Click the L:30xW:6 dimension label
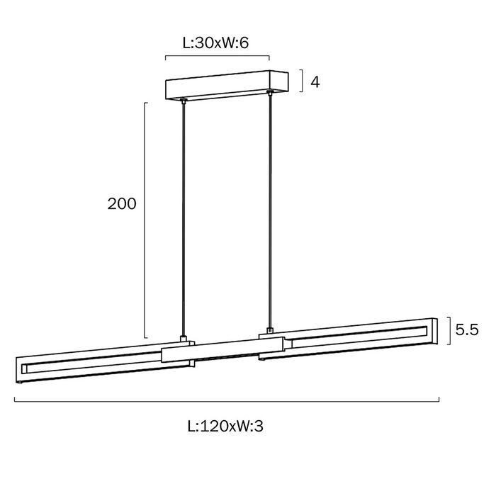click(215, 43)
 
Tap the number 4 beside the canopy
click(315, 82)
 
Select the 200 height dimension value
click(122, 204)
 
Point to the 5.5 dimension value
click(467, 330)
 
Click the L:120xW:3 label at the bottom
click(225, 426)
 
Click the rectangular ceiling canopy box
click(227, 85)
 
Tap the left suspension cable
click(183, 219)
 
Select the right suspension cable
click(270, 211)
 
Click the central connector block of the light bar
click(222, 349)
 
